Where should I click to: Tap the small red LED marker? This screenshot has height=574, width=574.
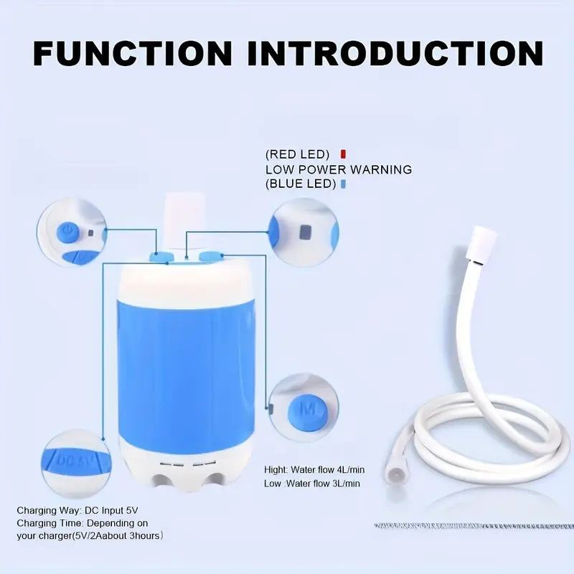[344, 154]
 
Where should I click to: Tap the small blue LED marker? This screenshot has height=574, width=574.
[344, 184]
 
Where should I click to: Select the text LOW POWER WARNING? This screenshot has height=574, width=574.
[339, 169]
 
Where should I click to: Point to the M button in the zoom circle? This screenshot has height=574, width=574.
[307, 410]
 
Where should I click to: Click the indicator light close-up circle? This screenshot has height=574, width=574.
[303, 232]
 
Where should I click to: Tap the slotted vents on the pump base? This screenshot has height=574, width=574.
[185, 464]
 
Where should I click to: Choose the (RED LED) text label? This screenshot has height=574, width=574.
[297, 154]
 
